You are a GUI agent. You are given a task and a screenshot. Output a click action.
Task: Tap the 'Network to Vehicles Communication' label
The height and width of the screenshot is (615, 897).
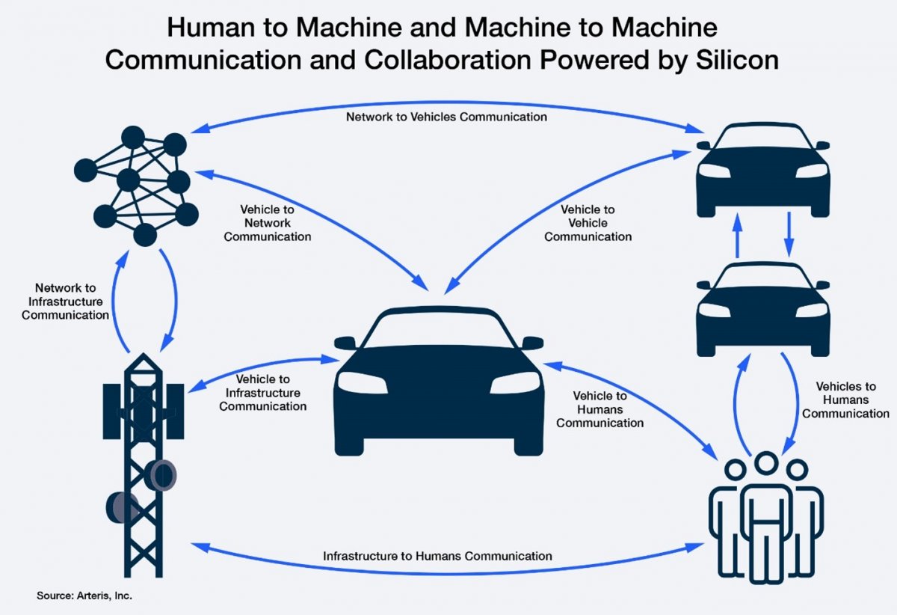coord(446,117)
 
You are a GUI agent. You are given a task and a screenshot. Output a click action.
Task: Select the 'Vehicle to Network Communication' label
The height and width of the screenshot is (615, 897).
coord(267,223)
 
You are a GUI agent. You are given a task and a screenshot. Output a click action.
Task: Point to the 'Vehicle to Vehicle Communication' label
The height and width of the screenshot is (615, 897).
coord(588,223)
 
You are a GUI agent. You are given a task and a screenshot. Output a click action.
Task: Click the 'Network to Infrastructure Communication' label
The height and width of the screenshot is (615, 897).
coord(65,302)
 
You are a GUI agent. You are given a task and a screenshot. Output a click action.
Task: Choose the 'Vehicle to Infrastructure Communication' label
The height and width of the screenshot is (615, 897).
coord(262,393)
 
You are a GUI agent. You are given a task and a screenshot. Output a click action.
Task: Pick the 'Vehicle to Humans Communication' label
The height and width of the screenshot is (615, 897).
coord(599,409)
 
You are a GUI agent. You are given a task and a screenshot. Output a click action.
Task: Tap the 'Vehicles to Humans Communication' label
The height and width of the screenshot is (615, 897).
coord(845,400)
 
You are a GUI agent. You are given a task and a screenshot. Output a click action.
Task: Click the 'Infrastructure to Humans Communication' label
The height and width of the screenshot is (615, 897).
coord(437,556)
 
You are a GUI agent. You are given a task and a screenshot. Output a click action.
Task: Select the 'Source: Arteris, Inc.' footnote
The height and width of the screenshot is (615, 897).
coord(84,596)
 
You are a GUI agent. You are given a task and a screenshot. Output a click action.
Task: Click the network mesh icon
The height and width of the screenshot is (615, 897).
coord(137,186)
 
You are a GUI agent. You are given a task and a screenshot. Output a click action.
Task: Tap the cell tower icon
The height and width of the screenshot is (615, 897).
coord(144,465)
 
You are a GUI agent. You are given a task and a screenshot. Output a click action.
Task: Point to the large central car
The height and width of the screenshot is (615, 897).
coord(439,381)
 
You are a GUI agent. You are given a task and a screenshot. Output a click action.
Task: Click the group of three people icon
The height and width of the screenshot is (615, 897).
coord(766,517)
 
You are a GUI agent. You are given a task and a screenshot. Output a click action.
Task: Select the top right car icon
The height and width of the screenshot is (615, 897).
coord(763,170)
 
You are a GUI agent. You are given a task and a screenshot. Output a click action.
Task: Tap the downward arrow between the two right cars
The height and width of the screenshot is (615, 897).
coord(789,234)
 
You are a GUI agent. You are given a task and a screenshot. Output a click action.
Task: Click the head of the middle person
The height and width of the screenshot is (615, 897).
coord(766,462)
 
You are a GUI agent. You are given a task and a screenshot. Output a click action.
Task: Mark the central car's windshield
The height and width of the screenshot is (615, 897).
coord(439,329)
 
